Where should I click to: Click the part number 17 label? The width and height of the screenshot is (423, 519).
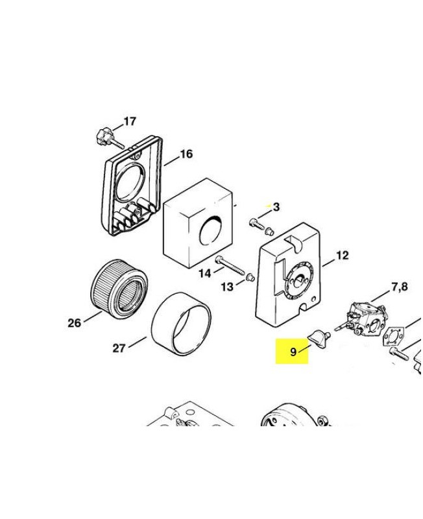pos(130,121)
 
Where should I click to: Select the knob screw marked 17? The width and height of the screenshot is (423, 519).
pos(103,136)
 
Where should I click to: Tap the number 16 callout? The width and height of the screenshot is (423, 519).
pos(186,154)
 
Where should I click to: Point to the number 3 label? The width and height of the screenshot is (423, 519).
pos(276,207)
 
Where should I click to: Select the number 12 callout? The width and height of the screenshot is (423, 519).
pos(342,255)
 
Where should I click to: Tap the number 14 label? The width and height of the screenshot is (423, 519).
pos(204,273)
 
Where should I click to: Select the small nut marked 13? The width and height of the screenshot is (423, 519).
pos(247,278)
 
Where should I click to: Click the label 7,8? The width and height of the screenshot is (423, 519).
pos(399,286)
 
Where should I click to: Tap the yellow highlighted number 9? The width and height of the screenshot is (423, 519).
pos(293,352)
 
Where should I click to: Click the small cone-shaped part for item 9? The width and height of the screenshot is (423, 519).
pos(318,337)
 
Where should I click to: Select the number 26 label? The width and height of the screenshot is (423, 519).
pos(74,322)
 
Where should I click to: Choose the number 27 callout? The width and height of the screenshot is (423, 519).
pos(119,348)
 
